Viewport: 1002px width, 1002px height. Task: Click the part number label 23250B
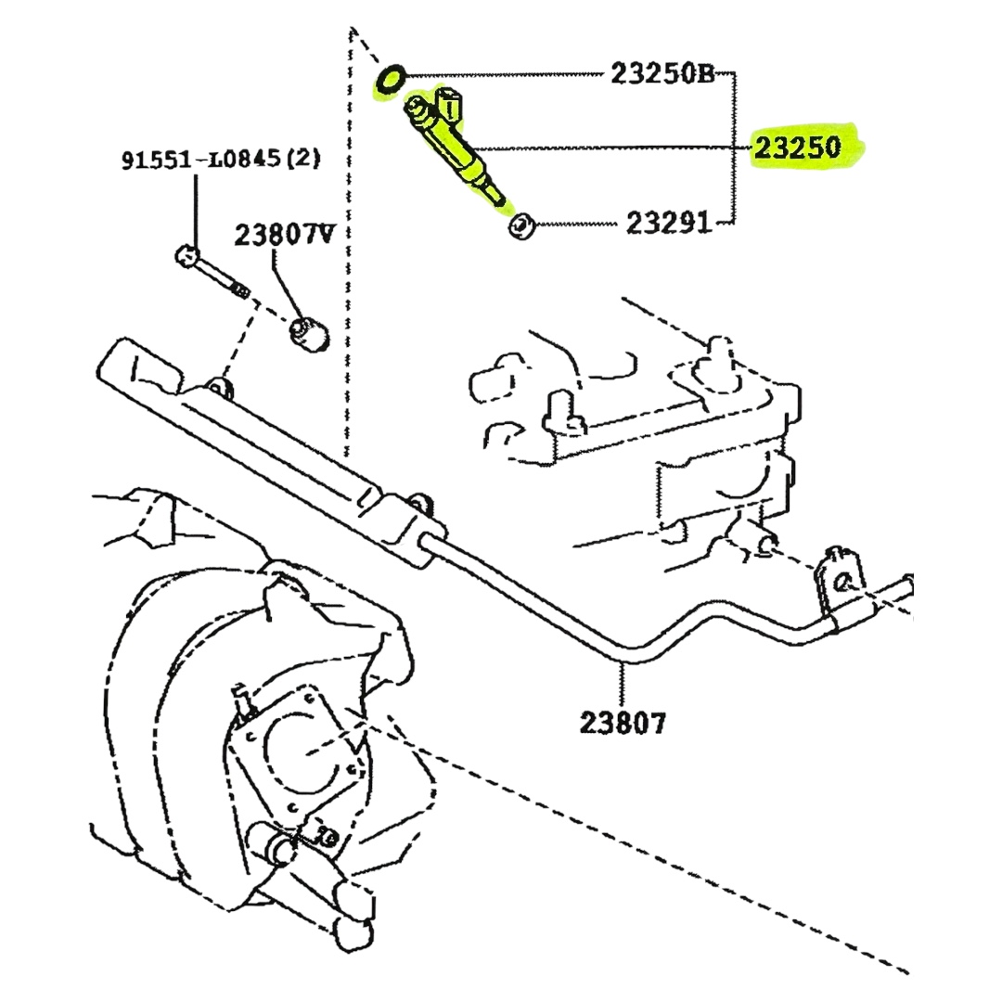(x=662, y=73)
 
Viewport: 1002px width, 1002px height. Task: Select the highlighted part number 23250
(x=797, y=148)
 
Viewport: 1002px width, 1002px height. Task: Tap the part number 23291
(x=668, y=223)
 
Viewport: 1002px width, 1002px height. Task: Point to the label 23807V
(x=285, y=235)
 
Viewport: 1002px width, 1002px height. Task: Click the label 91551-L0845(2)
(x=221, y=160)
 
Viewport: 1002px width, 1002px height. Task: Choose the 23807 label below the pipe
(x=623, y=723)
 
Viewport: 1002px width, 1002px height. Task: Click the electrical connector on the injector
(x=449, y=104)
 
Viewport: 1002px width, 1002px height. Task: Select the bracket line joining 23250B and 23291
(x=734, y=148)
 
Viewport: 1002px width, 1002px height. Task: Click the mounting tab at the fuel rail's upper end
(x=219, y=390)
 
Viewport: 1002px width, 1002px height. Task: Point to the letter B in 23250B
(x=705, y=73)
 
